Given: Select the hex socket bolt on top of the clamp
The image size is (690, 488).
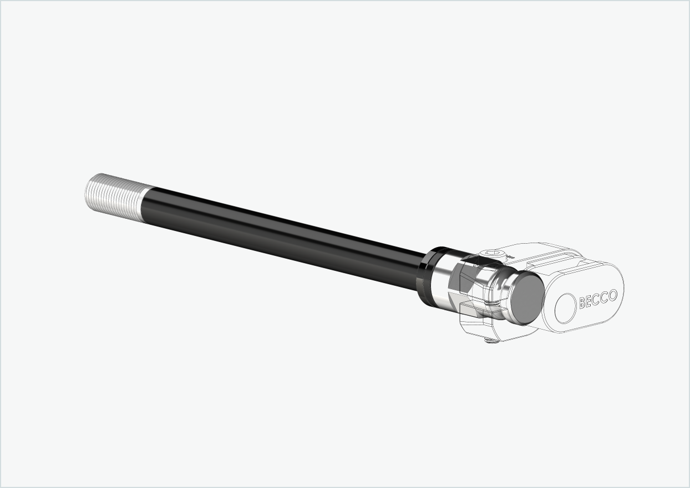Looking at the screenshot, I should [491, 254].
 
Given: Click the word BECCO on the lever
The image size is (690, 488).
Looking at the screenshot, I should [597, 299].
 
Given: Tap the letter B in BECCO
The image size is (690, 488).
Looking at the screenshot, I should [582, 304].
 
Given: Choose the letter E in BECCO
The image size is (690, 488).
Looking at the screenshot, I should [589, 301].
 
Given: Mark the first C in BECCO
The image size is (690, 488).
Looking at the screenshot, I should [597, 299].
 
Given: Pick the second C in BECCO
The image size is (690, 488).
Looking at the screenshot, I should [605, 297].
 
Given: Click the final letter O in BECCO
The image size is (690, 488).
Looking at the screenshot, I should [612, 295].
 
